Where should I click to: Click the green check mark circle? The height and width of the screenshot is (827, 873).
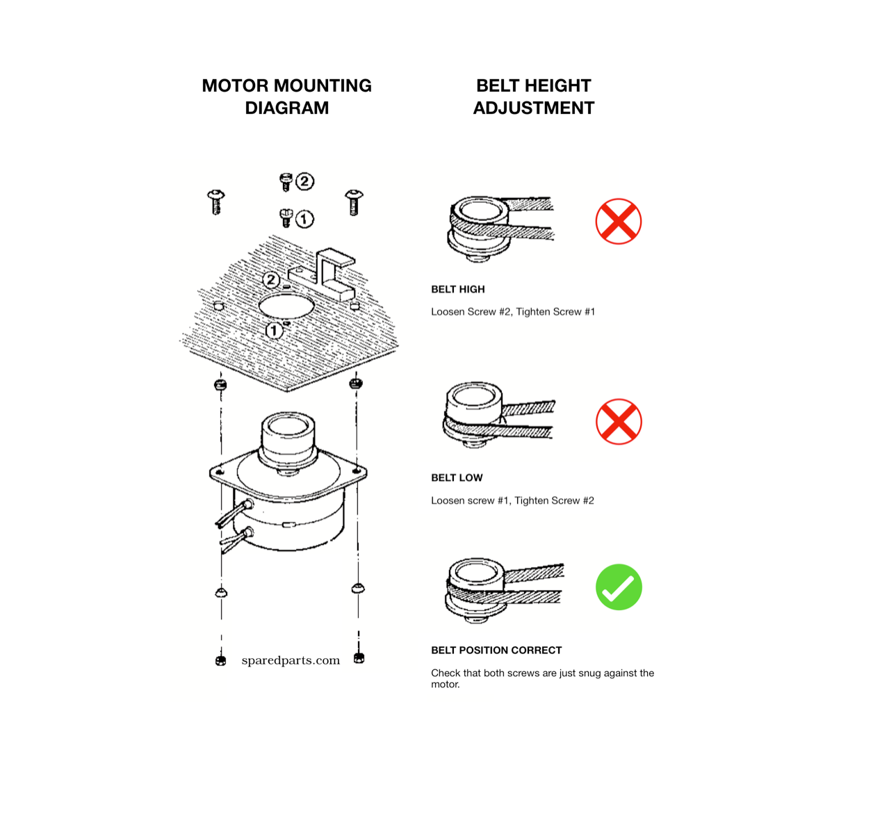618,587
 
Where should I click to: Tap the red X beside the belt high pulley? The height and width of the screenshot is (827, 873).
618,221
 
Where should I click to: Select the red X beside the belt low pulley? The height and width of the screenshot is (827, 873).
619,422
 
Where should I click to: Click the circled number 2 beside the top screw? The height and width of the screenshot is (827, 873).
304,181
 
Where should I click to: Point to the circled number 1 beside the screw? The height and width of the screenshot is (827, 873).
304,219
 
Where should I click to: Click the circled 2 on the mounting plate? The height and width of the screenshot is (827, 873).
271,280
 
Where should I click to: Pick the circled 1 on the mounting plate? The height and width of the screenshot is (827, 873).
274,330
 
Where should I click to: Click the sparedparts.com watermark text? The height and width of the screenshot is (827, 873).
291,660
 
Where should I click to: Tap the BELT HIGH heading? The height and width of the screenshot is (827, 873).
458,289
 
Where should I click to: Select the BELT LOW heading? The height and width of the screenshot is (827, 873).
457,477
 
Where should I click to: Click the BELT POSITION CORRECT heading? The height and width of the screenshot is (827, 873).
496,650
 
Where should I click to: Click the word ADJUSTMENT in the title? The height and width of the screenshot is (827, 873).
533,108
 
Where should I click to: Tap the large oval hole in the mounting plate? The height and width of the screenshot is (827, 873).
286,306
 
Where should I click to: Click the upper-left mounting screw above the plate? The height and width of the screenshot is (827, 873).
216,202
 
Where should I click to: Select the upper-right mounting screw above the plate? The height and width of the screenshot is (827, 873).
354,202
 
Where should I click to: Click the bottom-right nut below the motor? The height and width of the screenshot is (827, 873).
359,658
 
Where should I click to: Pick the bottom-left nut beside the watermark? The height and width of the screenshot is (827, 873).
221,661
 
